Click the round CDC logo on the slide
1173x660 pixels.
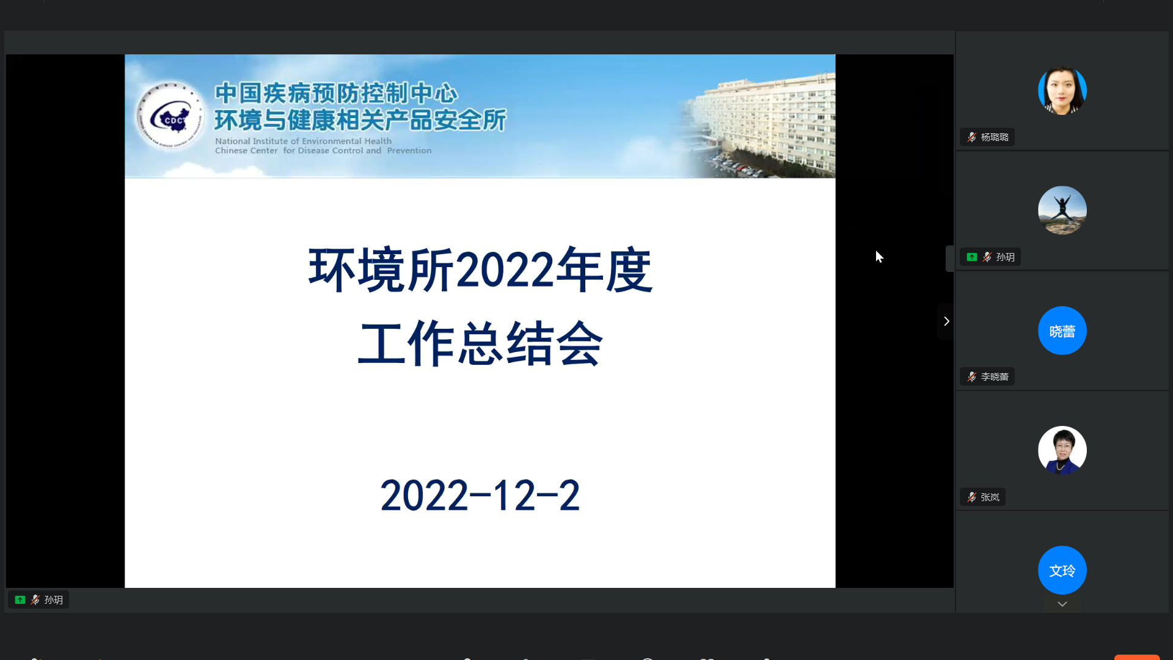[170, 116]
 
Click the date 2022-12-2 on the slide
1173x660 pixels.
[480, 495]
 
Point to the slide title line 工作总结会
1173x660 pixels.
[480, 344]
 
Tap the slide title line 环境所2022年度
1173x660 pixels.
[480, 269]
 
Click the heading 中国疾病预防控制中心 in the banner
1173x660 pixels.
[336, 93]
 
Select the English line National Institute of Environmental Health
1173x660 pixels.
[303, 141]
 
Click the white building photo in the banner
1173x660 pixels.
[758, 125]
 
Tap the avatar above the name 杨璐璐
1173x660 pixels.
[1062, 90]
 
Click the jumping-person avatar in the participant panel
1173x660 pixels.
[1062, 210]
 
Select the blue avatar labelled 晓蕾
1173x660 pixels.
[1062, 331]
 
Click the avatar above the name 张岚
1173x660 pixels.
[1062, 450]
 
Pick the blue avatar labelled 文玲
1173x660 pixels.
[1062, 570]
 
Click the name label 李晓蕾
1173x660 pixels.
[995, 376]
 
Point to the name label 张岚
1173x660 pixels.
[990, 497]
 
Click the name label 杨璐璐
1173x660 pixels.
[995, 137]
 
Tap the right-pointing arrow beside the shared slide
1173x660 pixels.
[946, 321]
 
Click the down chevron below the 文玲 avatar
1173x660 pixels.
[1062, 604]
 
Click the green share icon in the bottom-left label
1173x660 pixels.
[20, 599]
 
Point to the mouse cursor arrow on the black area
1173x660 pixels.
[879, 257]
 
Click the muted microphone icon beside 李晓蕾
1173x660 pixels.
[971, 376]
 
